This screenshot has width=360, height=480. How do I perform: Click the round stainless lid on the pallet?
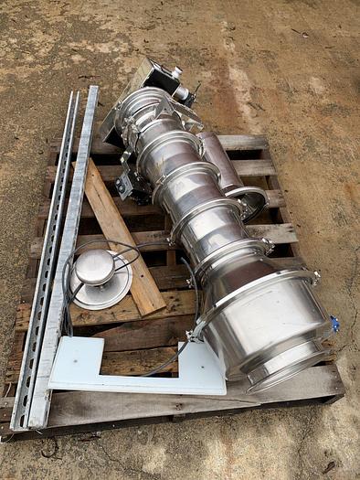pyautogui.click(x=101, y=279)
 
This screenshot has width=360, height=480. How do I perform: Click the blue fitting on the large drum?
pyautogui.click(x=335, y=324)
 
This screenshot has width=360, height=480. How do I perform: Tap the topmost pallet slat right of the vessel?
pyautogui.click(x=242, y=144)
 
